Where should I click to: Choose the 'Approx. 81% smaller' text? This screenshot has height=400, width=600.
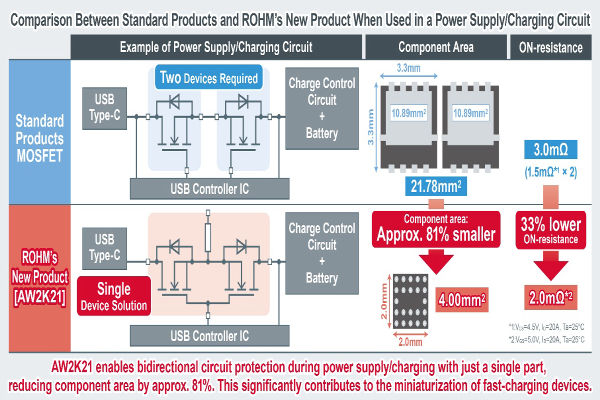[x=436, y=238]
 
